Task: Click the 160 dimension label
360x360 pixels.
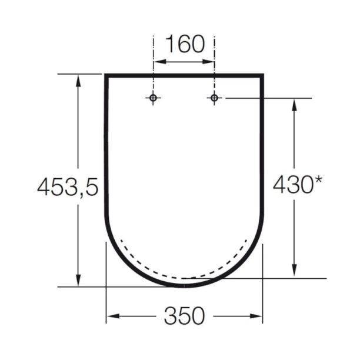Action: pyautogui.click(x=184, y=45)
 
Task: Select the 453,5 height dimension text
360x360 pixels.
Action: pyautogui.click(x=66, y=186)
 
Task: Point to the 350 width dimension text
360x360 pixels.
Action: pyautogui.click(x=184, y=316)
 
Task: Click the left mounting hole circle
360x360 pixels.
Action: pyautogui.click(x=154, y=98)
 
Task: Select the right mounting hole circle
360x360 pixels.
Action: pyautogui.click(x=215, y=98)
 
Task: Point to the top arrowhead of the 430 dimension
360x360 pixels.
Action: pyautogui.click(x=294, y=103)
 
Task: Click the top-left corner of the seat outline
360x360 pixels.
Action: pyautogui.click(x=106, y=75)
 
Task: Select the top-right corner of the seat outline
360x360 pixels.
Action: pyautogui.click(x=262, y=75)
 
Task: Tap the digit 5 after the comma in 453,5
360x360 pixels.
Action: pyautogui.click(x=90, y=186)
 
